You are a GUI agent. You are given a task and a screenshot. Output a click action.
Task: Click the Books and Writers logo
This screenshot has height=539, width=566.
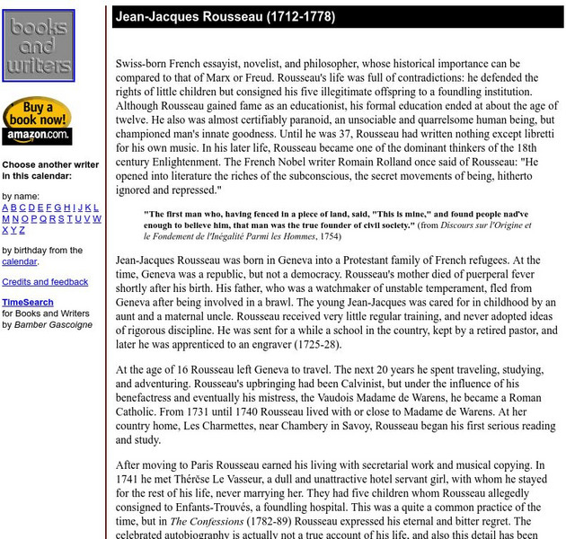39,46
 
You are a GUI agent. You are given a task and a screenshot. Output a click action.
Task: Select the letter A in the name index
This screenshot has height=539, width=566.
5,208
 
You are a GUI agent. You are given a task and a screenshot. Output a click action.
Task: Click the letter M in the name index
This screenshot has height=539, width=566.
6,218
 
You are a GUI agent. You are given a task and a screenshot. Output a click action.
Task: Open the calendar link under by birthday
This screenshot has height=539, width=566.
19,261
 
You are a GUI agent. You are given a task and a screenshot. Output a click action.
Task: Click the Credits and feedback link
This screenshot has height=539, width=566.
45,282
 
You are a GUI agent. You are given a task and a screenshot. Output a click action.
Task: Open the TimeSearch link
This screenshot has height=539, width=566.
27,303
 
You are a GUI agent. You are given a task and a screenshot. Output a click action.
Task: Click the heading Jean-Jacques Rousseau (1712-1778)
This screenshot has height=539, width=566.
225,17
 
